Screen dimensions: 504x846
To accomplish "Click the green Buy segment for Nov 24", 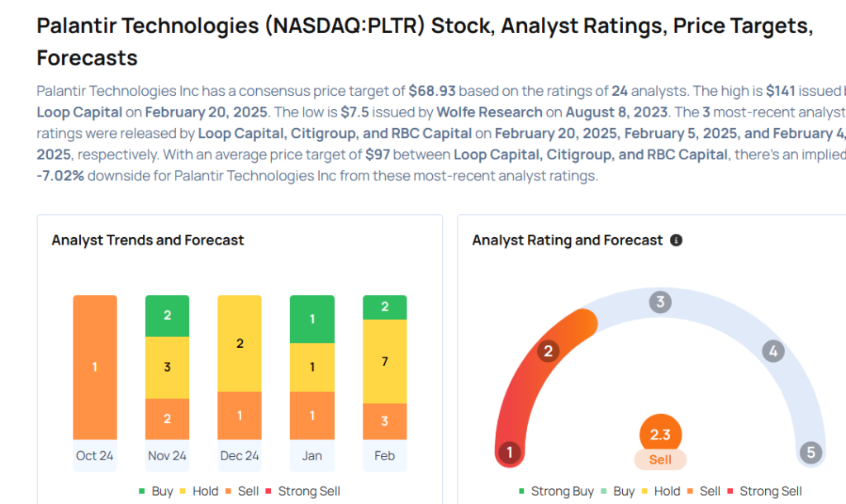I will coord(167,316).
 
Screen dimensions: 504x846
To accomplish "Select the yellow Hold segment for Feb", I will coord(384,361).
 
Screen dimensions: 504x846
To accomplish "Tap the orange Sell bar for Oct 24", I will coord(94,367).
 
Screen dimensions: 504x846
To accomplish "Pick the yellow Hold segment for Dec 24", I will coord(240,343).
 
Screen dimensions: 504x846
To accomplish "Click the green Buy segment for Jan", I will coord(312,319).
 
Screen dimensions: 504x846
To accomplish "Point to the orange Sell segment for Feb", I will coord(384,421).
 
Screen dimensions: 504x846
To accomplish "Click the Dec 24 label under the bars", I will coord(240,456).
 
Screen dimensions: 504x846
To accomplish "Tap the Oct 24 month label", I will coord(94,456).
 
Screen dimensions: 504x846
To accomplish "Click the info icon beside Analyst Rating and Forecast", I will coord(677,240).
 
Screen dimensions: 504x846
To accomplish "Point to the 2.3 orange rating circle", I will coord(660,434).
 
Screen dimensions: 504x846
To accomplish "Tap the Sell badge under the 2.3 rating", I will coord(660,459).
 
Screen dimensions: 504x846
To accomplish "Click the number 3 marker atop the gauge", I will coord(659,302).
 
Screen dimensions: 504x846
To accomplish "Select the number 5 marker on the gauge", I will coord(810,452).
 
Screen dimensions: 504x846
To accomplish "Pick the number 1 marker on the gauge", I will coord(510,452).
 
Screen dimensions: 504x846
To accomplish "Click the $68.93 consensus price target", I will coord(432,90).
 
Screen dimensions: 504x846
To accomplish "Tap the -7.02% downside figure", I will coord(60,176).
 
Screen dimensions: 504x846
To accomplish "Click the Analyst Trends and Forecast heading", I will coord(148,240).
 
